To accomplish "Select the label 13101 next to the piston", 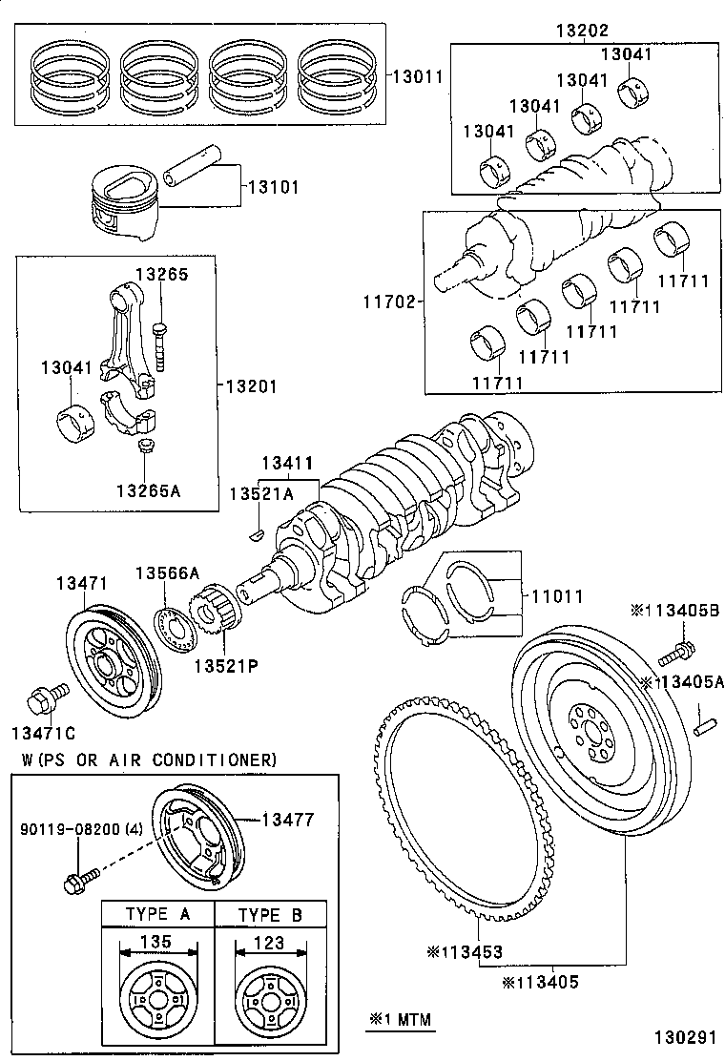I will tap(274, 187).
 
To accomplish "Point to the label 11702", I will tap(387, 302).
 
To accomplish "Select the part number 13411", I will tap(287, 463).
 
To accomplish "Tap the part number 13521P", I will tap(227, 664).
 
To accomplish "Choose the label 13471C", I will tap(43, 733).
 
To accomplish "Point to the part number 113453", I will tap(465, 951).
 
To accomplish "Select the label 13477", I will tap(287, 819).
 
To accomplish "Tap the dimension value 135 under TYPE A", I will tap(155, 942).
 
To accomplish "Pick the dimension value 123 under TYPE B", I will tap(269, 942).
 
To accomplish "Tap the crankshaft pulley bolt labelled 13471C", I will tap(45, 699).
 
